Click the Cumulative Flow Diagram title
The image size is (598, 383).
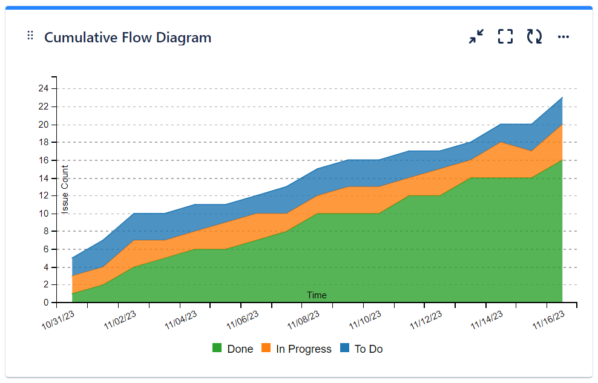[x=128, y=38]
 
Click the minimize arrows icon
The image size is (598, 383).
[x=476, y=37]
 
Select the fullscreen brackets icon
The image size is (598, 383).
[x=505, y=37]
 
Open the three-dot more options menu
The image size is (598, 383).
[x=563, y=37]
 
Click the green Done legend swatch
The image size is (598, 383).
[x=217, y=349]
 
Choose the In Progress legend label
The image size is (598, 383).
[x=303, y=349]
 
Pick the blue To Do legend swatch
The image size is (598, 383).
[x=344, y=349]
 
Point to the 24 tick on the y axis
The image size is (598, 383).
[x=44, y=88]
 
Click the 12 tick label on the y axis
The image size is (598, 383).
[x=44, y=195]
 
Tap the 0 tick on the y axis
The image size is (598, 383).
[x=46, y=303]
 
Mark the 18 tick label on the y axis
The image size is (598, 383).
[x=44, y=142]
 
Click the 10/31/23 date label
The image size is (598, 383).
[x=58, y=320]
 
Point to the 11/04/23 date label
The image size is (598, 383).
[x=181, y=320]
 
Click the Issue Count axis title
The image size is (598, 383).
[x=65, y=189]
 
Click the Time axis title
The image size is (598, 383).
[x=317, y=295]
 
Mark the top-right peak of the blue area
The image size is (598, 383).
[x=562, y=97]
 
